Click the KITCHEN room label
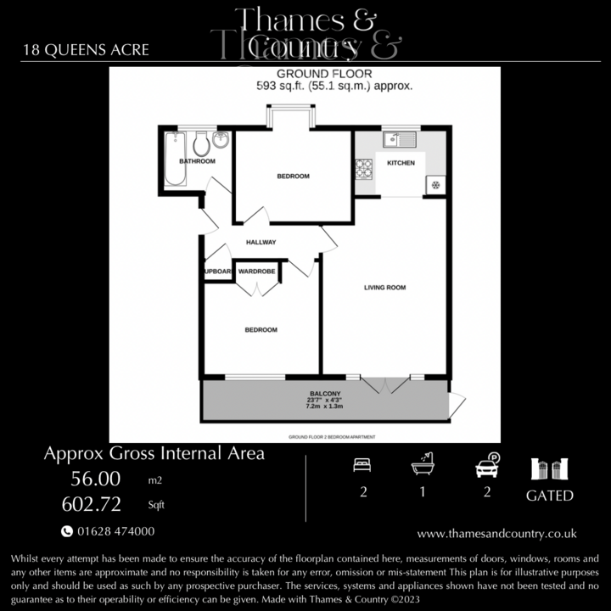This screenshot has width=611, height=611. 401,162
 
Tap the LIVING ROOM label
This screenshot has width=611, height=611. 384,288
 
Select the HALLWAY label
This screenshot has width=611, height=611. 261,243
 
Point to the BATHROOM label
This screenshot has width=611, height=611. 196,161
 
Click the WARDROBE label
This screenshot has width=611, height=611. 256,272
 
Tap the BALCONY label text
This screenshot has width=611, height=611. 325,394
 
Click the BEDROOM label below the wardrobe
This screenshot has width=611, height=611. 261,329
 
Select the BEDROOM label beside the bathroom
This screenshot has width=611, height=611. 293,177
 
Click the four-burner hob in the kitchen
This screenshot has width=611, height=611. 365,169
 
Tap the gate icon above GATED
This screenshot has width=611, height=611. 549,468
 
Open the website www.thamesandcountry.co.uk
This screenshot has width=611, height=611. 496,534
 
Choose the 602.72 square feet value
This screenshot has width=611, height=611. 91,504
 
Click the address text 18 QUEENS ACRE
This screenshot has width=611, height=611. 87,49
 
